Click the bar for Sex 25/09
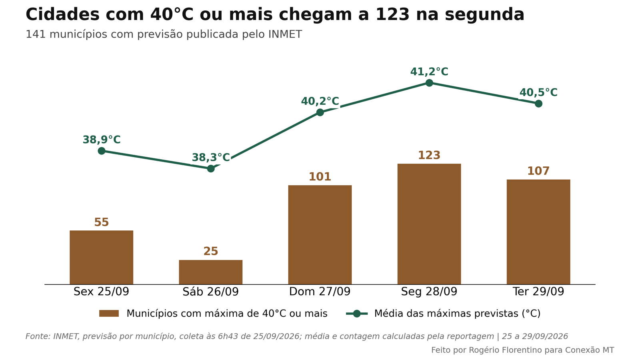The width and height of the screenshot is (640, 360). tap(102, 258)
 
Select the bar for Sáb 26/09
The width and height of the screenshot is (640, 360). tap(210, 272)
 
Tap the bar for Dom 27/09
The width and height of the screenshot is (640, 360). tap(320, 234)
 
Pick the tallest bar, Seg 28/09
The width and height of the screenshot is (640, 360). tap(429, 224)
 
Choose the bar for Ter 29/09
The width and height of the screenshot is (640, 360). tap(538, 232)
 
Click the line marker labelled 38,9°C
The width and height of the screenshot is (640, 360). tap(102, 151)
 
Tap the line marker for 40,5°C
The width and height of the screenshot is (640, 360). tap(538, 104)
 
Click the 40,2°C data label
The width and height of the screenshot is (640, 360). tap(320, 101)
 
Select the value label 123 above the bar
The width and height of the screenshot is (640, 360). tap(429, 155)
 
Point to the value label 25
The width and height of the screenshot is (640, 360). tap(210, 251)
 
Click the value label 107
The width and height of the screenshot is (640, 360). tap(538, 171)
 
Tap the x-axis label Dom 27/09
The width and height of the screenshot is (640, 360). tap(320, 292)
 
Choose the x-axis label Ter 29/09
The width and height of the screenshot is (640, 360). tap(538, 292)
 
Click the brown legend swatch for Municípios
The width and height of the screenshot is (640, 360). tap(109, 314)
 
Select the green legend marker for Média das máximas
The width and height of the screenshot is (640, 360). tap(356, 314)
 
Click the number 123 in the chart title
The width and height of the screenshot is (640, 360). tap(392, 14)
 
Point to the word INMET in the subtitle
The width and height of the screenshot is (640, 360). tap(285, 34)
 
